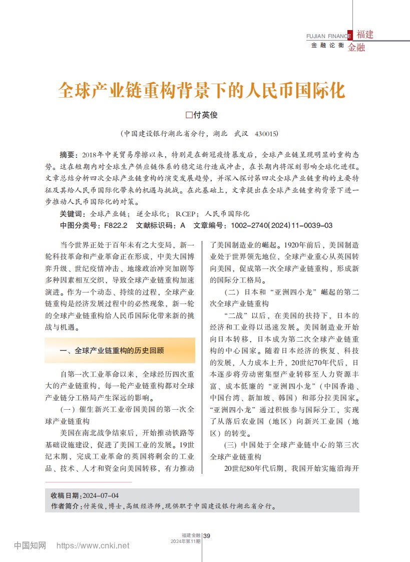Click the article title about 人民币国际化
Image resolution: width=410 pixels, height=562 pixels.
click(202, 90)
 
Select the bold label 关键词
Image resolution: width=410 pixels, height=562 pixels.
click(71, 214)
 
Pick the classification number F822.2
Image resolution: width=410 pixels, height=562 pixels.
click(116, 225)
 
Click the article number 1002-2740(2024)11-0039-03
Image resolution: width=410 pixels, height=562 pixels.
click(281, 225)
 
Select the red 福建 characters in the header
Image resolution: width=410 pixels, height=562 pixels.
click(364, 35)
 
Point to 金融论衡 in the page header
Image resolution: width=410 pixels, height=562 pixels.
click(327, 45)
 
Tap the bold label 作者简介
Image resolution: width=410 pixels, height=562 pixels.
click(66, 506)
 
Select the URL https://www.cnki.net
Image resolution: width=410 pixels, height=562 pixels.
click(93, 545)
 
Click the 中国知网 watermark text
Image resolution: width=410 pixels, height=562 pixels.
click(30, 545)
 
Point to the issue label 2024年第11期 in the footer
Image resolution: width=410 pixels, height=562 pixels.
click(186, 541)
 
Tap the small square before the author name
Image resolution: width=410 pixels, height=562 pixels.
click(189, 115)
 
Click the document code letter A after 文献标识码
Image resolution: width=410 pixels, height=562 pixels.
click(183, 225)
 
